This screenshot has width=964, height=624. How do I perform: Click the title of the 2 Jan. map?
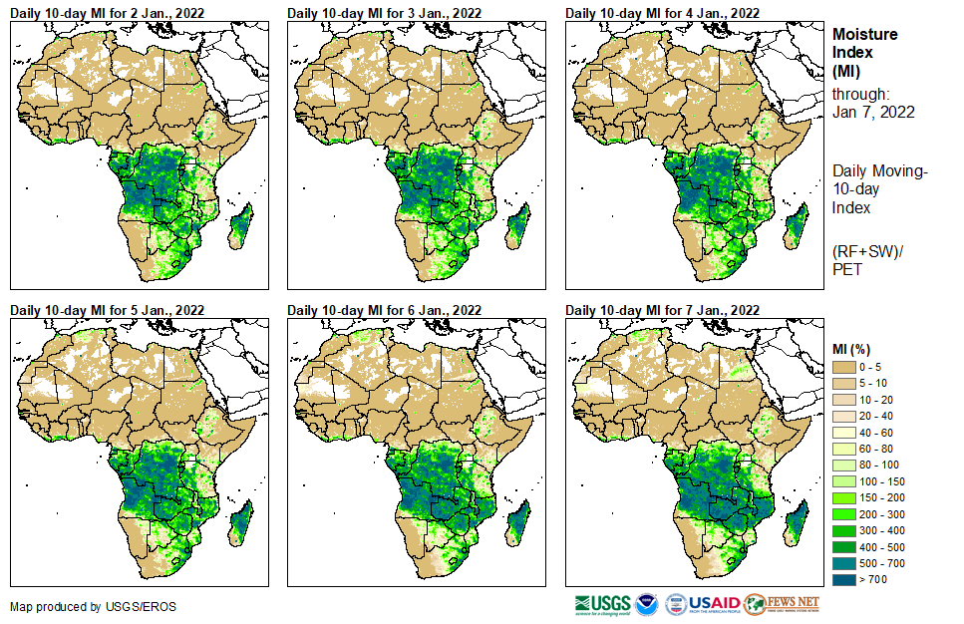(x=107, y=13)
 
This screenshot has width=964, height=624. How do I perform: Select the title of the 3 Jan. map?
(x=384, y=13)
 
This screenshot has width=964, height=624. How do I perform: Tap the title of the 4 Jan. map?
(x=662, y=13)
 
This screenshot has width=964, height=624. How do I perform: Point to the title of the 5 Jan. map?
(x=107, y=310)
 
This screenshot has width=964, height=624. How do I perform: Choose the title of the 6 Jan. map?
(x=384, y=310)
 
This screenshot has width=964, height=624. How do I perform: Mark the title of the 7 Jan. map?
(x=662, y=310)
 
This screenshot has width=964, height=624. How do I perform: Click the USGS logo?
(x=602, y=605)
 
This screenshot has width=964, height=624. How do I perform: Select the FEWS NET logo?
(x=783, y=605)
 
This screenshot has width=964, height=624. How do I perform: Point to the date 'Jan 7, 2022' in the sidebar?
(x=873, y=112)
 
